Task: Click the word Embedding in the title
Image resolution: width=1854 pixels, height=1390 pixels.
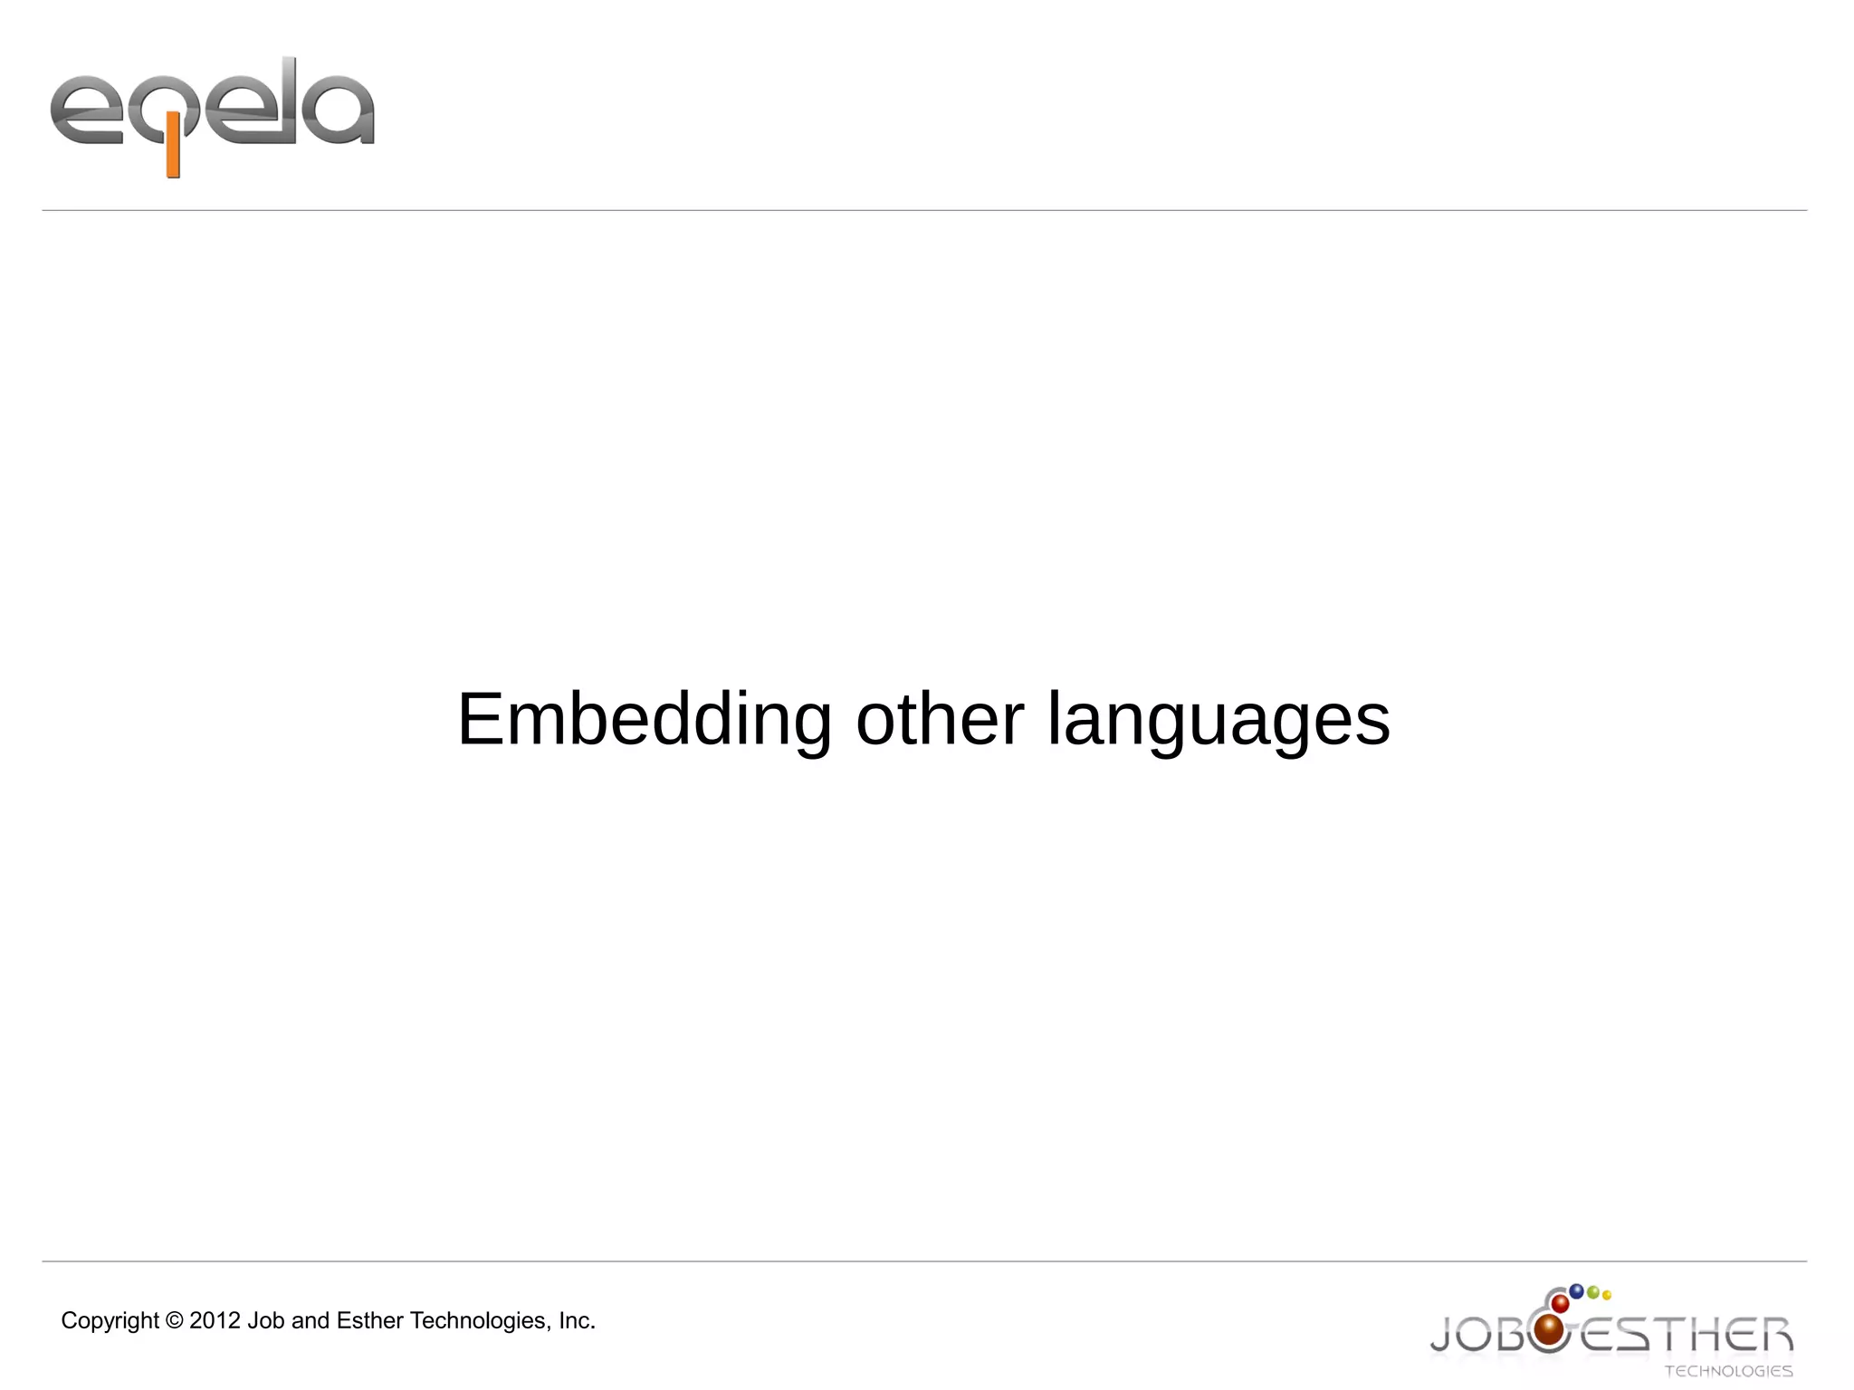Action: tap(644, 720)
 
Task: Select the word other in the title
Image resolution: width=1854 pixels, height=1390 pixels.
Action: tap(939, 720)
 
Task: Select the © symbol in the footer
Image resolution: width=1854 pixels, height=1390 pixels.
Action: tap(174, 1321)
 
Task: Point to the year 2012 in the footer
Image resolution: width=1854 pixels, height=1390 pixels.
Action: tap(215, 1321)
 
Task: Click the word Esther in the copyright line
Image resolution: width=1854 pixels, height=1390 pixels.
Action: tap(369, 1321)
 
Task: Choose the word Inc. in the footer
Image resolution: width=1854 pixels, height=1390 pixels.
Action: tap(577, 1321)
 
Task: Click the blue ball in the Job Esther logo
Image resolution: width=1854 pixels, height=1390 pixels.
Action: tap(1576, 1291)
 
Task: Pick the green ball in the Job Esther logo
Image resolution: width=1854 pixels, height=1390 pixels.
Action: tap(1593, 1292)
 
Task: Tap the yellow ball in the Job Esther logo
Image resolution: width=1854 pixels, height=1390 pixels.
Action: tap(1607, 1296)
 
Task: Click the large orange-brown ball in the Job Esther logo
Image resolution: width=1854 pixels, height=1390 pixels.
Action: tap(1550, 1330)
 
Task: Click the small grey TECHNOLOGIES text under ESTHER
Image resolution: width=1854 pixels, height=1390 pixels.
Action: tap(1728, 1372)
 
